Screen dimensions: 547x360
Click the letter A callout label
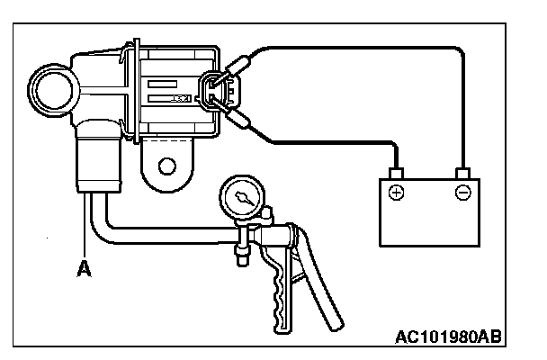[83, 267]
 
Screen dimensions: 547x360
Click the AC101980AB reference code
[447, 339]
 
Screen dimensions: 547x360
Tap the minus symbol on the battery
[462, 193]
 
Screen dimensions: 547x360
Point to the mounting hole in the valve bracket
[166, 166]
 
